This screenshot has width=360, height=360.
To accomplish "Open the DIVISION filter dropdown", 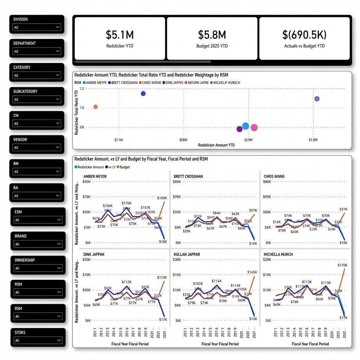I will (37, 27).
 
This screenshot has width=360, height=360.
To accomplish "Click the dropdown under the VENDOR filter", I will (37, 148).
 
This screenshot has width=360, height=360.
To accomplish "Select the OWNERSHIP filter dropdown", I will (38, 268).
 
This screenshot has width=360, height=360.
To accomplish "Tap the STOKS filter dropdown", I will (38, 340).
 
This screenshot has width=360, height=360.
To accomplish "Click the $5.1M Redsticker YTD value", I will (120, 34).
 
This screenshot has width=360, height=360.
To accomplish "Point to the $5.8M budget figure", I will (212, 34).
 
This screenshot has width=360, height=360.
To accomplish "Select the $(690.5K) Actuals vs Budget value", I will (304, 34).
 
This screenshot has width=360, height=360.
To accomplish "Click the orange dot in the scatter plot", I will (95, 107).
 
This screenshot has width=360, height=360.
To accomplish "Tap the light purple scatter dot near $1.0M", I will (317, 99).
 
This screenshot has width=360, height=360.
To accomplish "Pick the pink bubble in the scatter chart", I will (254, 128).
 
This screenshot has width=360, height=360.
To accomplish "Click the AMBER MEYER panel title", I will (95, 176).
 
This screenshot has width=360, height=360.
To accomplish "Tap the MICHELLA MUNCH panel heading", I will (278, 254).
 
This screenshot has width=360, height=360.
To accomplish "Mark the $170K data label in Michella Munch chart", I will (342, 265).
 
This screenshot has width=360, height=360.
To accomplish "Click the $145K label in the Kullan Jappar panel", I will (252, 272).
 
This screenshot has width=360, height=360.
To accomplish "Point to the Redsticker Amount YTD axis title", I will (216, 145).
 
